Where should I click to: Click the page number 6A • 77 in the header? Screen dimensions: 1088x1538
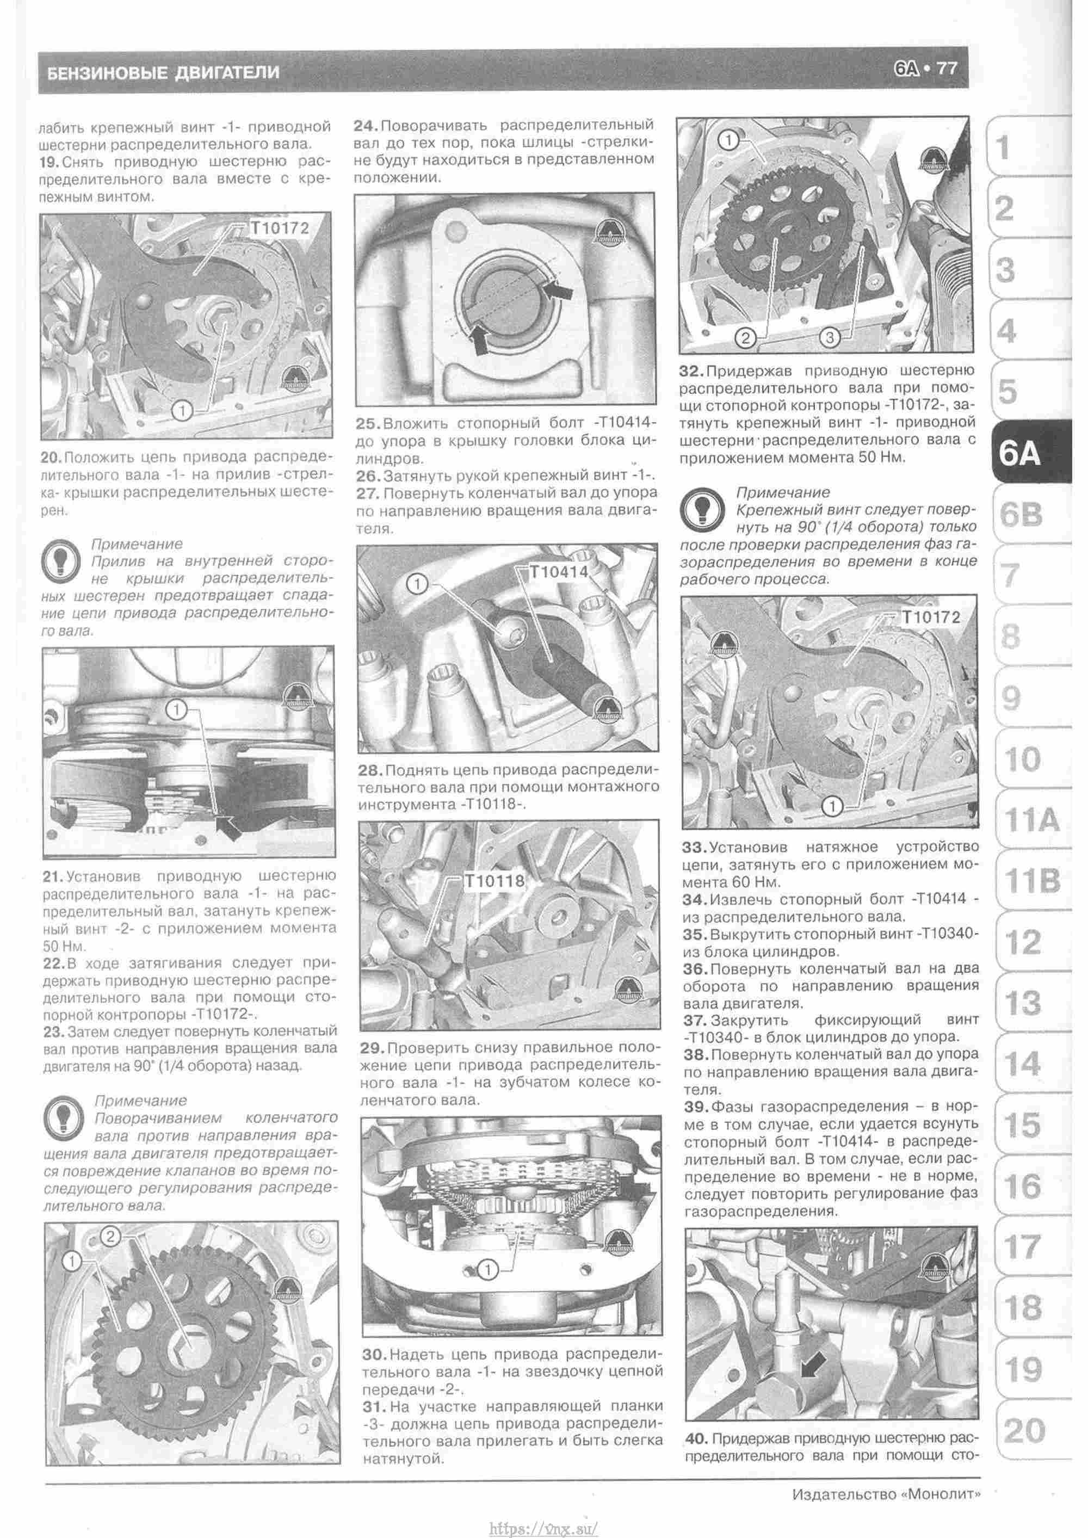(925, 69)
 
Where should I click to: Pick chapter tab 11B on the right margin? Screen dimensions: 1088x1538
(1033, 881)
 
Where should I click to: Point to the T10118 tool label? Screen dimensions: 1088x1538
(494, 881)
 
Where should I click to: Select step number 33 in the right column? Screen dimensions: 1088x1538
(694, 848)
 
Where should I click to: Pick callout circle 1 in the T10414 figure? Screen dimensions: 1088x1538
(417, 585)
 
